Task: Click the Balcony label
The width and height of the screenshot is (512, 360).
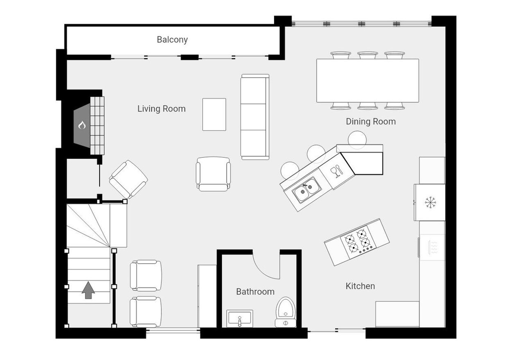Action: click(172, 39)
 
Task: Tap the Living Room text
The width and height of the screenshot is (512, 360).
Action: click(161, 108)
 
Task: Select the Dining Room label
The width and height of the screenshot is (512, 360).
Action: click(371, 121)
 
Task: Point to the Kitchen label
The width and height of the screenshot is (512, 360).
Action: click(360, 286)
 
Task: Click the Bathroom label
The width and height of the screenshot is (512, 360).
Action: click(255, 291)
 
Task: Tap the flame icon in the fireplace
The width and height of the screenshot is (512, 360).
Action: click(82, 125)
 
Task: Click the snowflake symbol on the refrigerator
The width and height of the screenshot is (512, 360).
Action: click(430, 203)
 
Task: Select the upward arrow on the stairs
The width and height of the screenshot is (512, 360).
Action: click(88, 290)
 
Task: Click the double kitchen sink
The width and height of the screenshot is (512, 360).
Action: click(306, 189)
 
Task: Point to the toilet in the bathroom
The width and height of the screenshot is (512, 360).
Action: click(286, 312)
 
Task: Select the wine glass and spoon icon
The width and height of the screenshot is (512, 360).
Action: click(337, 171)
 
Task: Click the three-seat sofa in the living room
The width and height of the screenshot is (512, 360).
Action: click(255, 117)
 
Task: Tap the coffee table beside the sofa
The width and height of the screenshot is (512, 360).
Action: click(214, 114)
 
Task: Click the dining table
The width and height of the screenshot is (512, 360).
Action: click(368, 81)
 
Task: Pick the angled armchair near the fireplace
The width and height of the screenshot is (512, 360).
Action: click(128, 179)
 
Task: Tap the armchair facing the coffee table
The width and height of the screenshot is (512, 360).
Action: click(213, 174)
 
